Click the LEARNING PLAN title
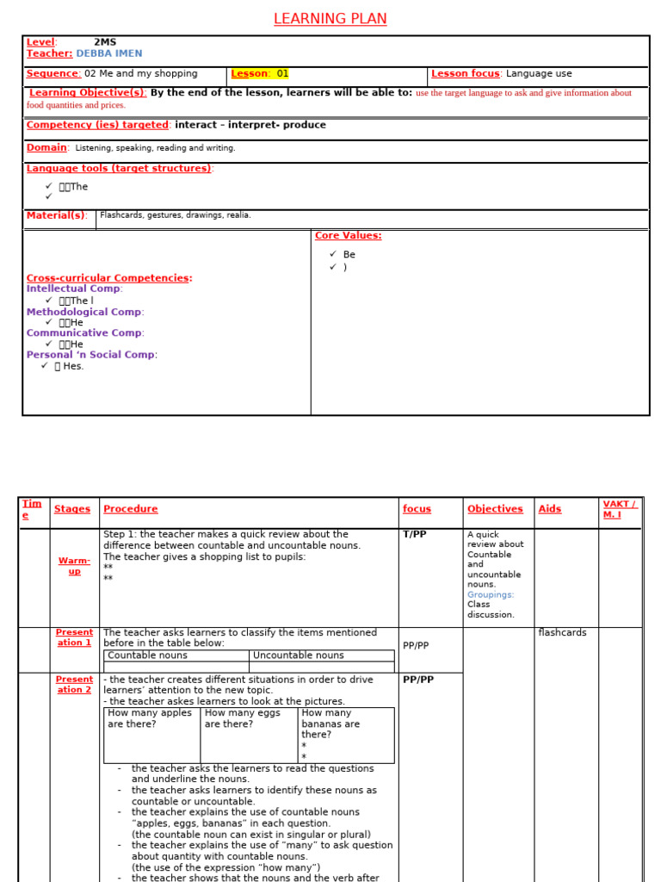330,19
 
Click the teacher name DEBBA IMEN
108,53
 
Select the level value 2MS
105,42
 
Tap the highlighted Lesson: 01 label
260,74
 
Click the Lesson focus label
465,74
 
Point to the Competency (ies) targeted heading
97,125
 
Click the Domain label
46,148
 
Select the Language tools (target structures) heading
118,169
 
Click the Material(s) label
56,215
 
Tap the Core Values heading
348,236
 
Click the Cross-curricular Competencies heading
108,278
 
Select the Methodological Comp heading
83,312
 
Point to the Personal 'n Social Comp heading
90,355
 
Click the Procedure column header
130,509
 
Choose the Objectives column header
495,509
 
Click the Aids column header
549,509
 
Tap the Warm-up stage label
74,566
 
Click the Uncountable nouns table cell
298,655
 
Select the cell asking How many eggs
248,718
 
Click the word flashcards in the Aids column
562,632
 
